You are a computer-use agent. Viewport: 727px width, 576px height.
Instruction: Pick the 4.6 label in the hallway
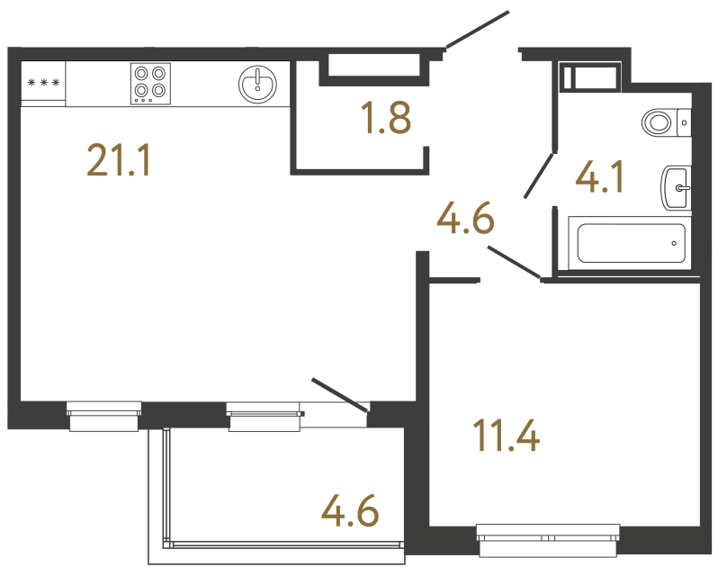tap(465, 218)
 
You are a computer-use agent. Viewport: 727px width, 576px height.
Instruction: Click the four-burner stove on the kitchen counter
tap(150, 82)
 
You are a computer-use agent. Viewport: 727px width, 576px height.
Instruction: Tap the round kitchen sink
tap(258, 84)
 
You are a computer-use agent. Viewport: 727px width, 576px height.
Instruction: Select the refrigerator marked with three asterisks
tap(43, 84)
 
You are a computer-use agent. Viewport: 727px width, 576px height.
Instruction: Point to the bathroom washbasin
tap(676, 188)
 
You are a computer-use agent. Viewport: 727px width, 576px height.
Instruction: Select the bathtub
tap(631, 243)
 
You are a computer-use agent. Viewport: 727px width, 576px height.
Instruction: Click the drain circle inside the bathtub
tap(674, 243)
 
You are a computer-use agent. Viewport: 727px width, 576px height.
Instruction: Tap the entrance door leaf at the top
tap(477, 29)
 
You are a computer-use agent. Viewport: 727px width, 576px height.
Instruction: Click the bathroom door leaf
tap(540, 175)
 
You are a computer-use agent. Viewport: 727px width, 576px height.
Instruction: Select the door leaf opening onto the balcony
tap(339, 396)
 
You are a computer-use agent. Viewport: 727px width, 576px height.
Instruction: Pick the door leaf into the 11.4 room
tap(513, 261)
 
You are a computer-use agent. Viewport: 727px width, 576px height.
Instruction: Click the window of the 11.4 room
tap(549, 539)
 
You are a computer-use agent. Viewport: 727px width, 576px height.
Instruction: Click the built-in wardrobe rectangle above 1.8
tap(374, 66)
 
